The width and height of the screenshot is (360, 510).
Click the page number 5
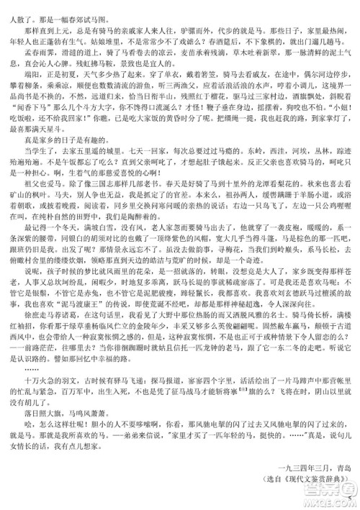point(348,501)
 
